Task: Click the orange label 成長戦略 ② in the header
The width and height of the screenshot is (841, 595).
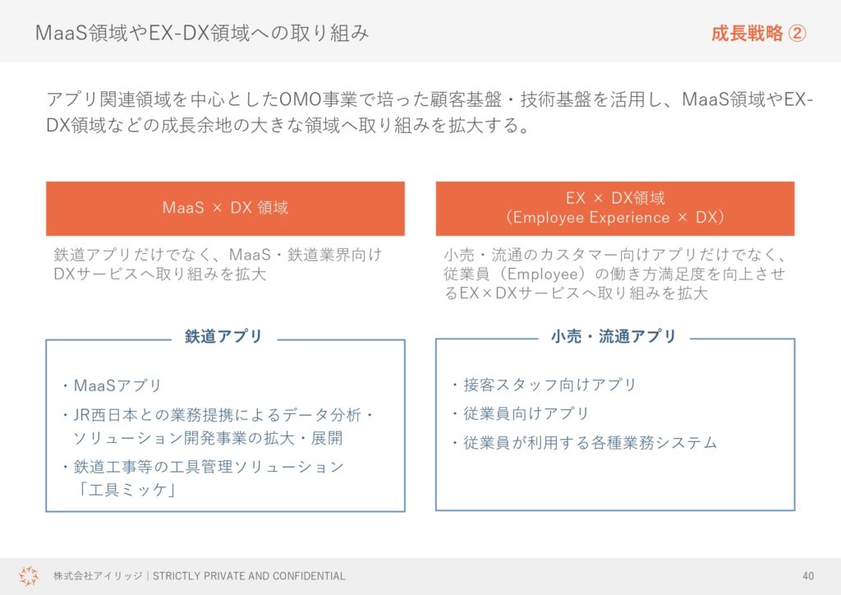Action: [758, 33]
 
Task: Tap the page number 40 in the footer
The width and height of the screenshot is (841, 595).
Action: [808, 575]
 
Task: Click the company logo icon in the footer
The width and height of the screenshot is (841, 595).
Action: [29, 575]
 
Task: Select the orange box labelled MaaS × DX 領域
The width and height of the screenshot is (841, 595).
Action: [225, 208]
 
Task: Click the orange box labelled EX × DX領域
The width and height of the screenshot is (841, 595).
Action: [614, 208]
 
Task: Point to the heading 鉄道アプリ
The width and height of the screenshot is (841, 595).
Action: [223, 336]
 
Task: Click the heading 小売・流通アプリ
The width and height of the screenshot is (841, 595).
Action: [613, 336]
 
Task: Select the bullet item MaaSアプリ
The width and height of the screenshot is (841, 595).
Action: [117, 385]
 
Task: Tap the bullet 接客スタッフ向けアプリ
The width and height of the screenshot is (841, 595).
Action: [549, 385]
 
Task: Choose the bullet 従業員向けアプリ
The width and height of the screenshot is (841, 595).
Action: [526, 413]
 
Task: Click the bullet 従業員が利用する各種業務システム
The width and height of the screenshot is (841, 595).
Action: [590, 443]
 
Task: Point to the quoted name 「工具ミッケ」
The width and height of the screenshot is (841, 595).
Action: [126, 490]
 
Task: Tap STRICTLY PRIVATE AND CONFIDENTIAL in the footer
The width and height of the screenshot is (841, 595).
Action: [249, 575]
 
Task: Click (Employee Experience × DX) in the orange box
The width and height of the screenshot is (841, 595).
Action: [614, 217]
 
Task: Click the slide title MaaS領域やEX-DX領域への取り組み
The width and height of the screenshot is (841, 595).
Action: [202, 33]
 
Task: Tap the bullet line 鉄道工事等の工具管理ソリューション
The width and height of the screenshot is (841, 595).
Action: [209, 467]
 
